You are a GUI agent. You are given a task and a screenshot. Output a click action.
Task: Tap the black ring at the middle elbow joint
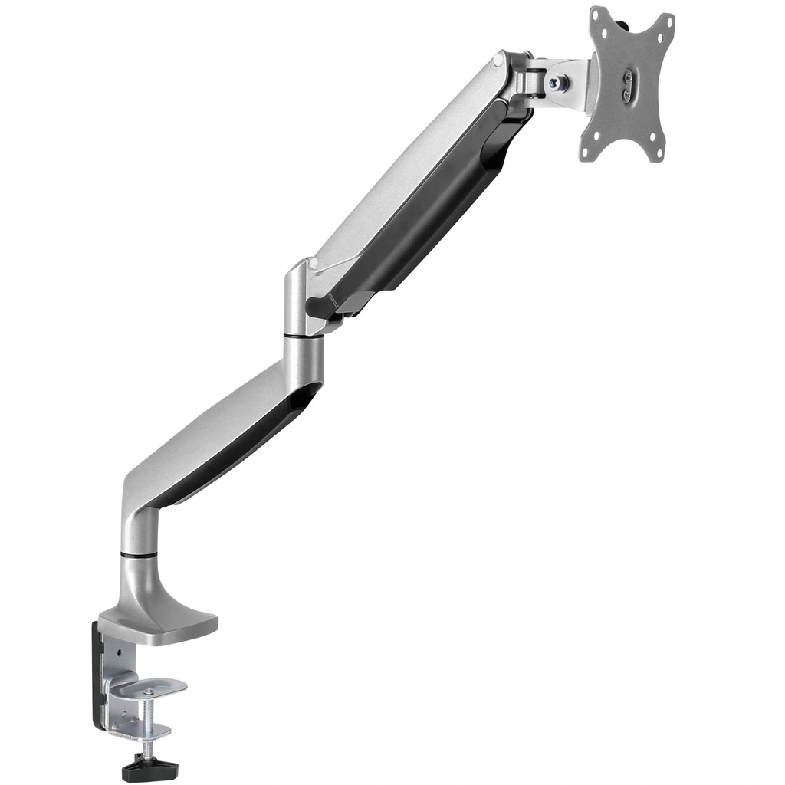click(x=302, y=334)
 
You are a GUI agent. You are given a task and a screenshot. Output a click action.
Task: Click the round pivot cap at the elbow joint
click(x=312, y=264)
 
